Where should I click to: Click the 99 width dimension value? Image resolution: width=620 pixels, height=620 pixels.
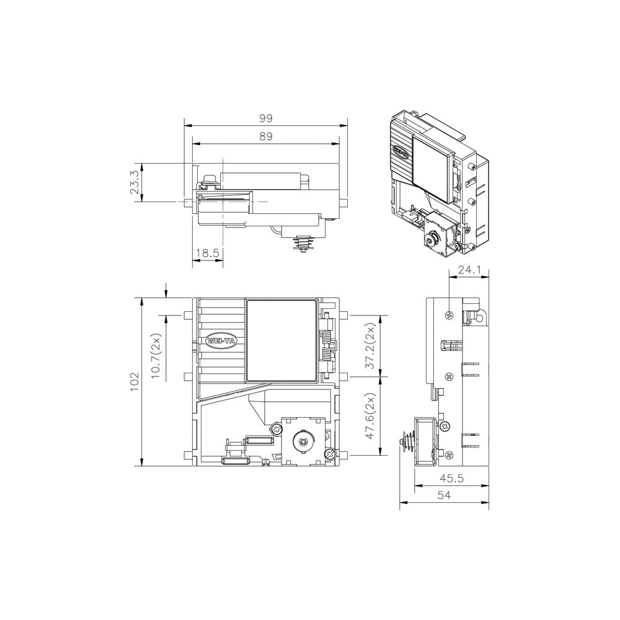tap(266, 118)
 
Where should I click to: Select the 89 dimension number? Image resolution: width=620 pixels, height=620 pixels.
tap(266, 136)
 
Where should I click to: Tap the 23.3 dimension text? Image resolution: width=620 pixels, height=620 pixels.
tap(135, 182)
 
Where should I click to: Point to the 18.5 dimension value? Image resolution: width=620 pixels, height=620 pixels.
tap(208, 253)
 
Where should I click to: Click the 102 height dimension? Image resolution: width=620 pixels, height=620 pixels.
tap(135, 381)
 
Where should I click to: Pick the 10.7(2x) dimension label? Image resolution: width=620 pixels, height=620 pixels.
tap(157, 356)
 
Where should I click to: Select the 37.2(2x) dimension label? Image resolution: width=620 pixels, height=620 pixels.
tap(371, 346)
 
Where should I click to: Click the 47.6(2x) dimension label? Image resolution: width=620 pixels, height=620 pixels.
tap(371, 416)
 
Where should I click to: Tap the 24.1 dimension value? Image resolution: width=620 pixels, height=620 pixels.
tap(469, 270)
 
